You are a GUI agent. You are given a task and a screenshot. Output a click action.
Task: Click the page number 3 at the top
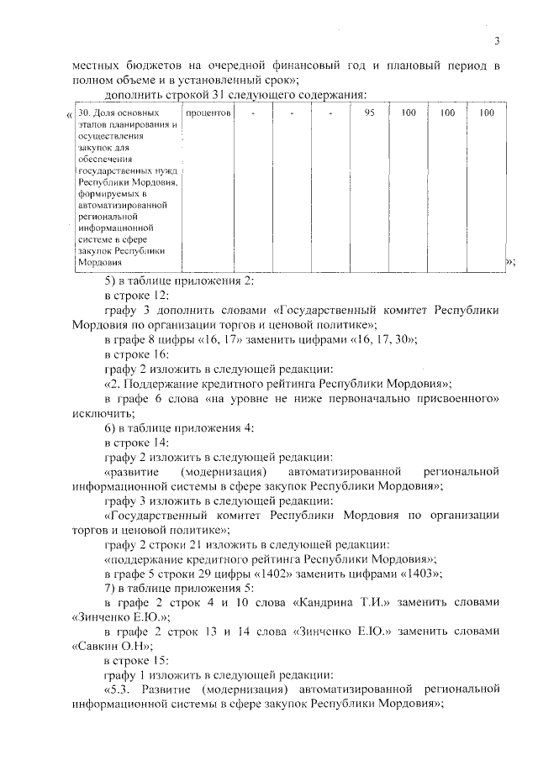pos(497,40)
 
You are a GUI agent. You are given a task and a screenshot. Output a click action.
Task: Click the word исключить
pos(98,413)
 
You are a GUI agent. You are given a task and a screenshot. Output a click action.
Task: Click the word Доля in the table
pos(107,113)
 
